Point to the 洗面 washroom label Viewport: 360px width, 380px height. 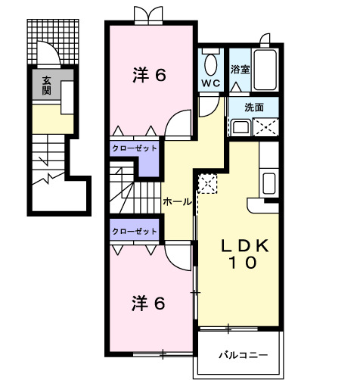[x=254, y=107]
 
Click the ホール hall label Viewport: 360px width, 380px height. [x=177, y=202]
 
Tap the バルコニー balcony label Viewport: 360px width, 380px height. [x=241, y=354]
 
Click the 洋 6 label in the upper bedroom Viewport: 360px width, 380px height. [x=149, y=76]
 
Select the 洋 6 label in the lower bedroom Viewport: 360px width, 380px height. [x=149, y=303]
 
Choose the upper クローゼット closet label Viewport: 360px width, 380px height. [x=135, y=149]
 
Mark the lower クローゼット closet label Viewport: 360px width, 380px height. [x=135, y=231]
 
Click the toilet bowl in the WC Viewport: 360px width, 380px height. [x=211, y=61]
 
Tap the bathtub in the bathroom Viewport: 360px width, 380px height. [x=265, y=70]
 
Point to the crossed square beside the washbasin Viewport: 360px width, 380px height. [x=265, y=127]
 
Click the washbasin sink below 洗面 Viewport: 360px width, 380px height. [x=241, y=126]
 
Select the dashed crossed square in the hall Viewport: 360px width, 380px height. [x=207, y=183]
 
